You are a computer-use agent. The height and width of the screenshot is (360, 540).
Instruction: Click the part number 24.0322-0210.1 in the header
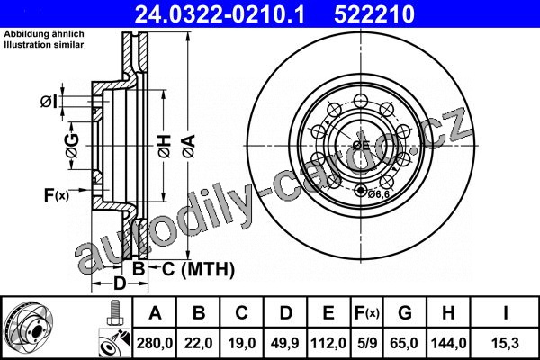(220, 14)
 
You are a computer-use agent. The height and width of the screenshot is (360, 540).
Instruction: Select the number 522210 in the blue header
(374, 14)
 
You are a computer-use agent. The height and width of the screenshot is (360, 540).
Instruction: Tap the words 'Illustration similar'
(44, 45)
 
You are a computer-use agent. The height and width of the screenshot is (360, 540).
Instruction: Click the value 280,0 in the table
(155, 343)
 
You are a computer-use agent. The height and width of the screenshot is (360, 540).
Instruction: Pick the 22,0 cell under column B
(198, 343)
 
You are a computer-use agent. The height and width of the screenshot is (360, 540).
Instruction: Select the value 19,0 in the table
(242, 343)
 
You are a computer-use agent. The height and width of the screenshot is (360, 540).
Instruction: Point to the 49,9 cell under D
(285, 343)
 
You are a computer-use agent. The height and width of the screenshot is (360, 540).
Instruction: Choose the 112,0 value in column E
(328, 343)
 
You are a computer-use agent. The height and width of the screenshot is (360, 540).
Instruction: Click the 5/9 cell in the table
(367, 343)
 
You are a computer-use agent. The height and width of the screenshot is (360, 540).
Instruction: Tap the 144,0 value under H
(449, 343)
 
